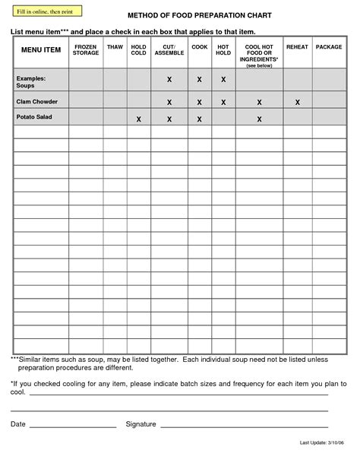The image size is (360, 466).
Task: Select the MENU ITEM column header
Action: [41, 50]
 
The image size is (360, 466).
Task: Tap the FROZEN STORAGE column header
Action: [86, 50]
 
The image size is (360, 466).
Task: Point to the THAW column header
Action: [115, 47]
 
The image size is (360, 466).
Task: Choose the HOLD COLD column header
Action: [138, 50]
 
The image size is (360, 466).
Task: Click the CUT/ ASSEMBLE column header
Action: [169, 50]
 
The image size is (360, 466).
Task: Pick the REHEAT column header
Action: [297, 47]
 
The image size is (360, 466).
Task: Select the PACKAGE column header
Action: [329, 47]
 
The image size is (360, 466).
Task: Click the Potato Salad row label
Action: [35, 116]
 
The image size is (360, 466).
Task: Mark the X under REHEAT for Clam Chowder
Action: [297, 102]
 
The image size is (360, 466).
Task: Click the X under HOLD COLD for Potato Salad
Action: [138, 119]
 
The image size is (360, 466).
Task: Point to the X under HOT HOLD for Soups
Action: [223, 80]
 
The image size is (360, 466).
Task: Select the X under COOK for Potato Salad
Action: [199, 119]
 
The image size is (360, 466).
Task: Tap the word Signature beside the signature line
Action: [141, 423]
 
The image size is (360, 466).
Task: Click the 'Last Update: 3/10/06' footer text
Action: [322, 442]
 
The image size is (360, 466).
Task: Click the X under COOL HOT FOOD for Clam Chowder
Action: [259, 102]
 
